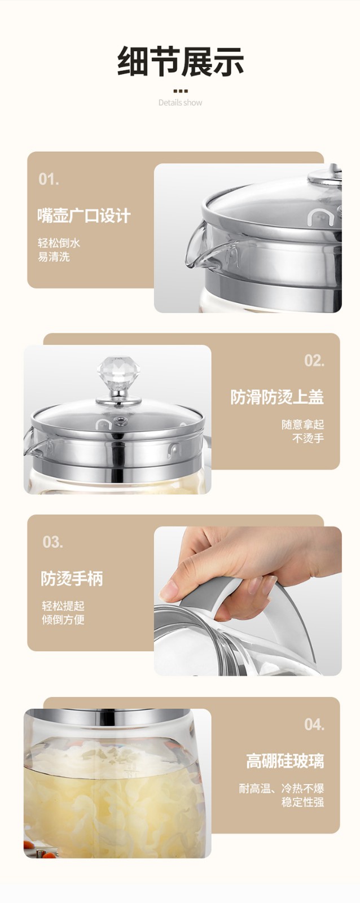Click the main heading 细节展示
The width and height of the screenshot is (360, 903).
[x=180, y=61]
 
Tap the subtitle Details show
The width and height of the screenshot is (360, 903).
[x=180, y=102]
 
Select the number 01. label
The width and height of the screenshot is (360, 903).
[x=49, y=179]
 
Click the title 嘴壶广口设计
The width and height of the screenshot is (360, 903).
[x=84, y=216]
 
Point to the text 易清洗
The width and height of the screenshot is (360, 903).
[x=54, y=256]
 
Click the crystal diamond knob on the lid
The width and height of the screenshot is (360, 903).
[x=118, y=372]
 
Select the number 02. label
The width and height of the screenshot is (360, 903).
[x=314, y=361]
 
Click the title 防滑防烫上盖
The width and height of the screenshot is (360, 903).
[x=277, y=397]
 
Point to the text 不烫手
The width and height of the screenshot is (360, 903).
[x=308, y=438]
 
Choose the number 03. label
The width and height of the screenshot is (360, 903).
[x=53, y=542]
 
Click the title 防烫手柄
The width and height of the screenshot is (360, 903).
[x=72, y=578]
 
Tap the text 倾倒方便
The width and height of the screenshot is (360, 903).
[x=63, y=619]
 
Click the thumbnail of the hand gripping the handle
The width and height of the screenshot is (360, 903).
[x=248, y=600]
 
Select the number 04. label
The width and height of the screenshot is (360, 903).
[x=314, y=725]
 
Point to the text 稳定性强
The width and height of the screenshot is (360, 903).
[x=303, y=802]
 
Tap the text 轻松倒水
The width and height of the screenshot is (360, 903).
[x=59, y=243]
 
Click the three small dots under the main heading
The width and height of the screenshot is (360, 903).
[x=180, y=91]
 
